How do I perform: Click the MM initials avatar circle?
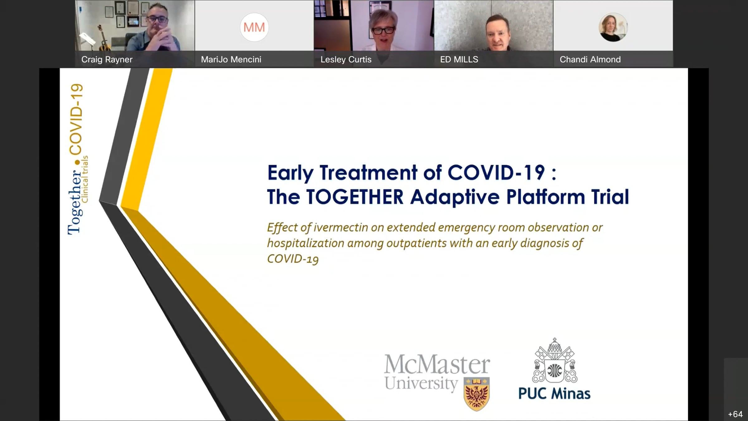[254, 27]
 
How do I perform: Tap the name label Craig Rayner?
[107, 59]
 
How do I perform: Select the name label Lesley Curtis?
[346, 59]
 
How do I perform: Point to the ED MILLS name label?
[459, 59]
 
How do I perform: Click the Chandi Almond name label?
[590, 59]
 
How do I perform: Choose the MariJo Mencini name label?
[231, 59]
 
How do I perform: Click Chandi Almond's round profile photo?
[613, 27]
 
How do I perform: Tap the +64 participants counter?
[735, 414]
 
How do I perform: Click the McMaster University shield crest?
[477, 394]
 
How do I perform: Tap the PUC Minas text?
[554, 394]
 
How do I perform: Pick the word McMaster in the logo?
[437, 364]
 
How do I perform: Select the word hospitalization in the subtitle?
[305, 243]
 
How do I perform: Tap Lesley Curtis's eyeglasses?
[383, 31]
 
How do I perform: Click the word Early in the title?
[290, 173]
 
